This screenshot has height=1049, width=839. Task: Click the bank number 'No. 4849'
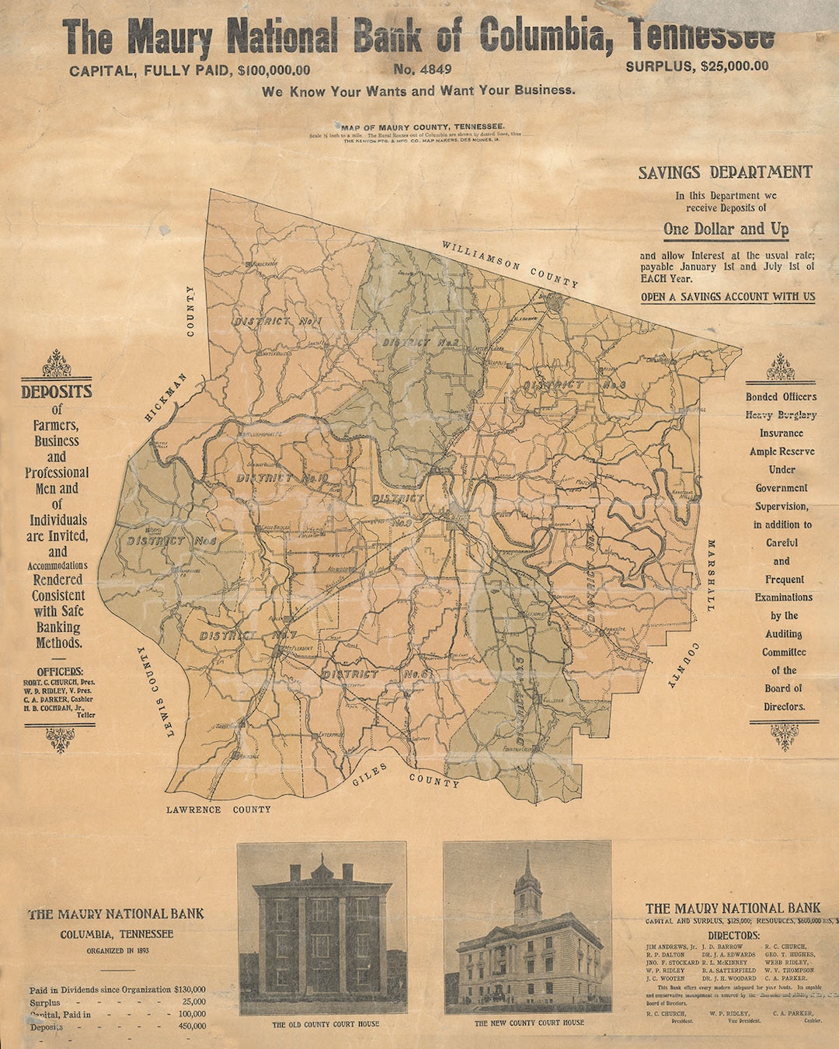[422, 69]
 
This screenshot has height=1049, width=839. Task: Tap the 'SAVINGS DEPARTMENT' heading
[725, 173]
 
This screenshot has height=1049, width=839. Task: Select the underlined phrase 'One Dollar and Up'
[726, 229]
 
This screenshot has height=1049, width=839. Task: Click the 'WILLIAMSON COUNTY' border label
[510, 264]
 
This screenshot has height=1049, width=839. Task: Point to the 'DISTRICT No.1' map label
[278, 320]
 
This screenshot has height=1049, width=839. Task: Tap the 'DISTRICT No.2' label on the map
[420, 342]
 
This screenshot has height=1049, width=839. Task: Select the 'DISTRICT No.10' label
[282, 478]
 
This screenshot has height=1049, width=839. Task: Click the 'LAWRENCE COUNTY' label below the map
[218, 809]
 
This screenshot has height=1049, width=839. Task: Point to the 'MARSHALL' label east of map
[710, 576]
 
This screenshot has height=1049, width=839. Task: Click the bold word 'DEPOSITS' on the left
[57, 392]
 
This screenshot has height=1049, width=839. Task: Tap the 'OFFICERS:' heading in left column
[60, 671]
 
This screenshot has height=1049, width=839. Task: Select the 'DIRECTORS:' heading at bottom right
[733, 936]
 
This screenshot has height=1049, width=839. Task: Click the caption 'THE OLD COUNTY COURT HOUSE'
[326, 1024]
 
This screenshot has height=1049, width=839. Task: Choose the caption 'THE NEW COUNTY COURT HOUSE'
[529, 1023]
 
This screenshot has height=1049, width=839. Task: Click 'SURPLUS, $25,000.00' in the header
[697, 66]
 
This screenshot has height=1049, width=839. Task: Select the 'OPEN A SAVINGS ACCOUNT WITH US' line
[728, 297]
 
